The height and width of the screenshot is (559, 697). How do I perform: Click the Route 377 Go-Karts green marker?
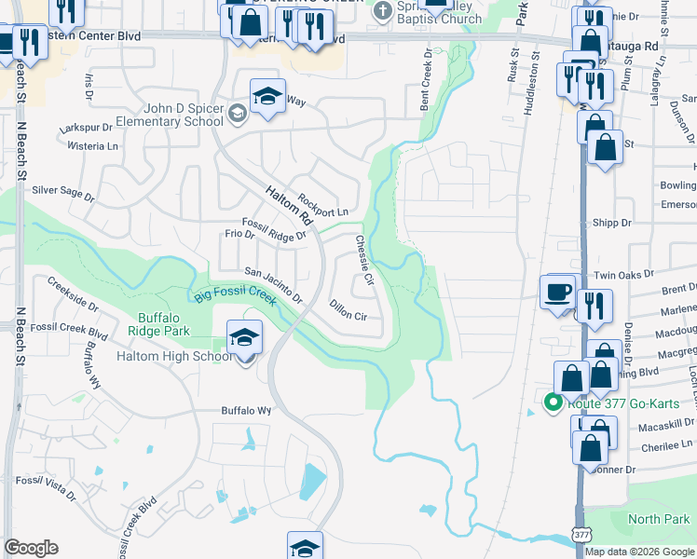click(x=552, y=403)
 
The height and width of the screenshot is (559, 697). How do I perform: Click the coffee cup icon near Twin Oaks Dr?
click(x=559, y=292)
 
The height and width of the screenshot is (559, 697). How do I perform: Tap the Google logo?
click(x=30, y=548)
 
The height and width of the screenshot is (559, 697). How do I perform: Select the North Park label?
click(x=659, y=519)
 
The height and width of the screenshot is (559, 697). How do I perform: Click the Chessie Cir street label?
click(x=363, y=259)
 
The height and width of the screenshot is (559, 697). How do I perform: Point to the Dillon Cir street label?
click(x=348, y=310)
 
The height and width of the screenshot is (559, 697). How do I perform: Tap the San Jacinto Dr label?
click(x=273, y=284)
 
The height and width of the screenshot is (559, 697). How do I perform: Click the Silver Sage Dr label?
click(x=63, y=193)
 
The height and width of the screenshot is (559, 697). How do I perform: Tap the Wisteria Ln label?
click(x=93, y=145)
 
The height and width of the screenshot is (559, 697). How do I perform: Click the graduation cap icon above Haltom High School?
click(x=244, y=336)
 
